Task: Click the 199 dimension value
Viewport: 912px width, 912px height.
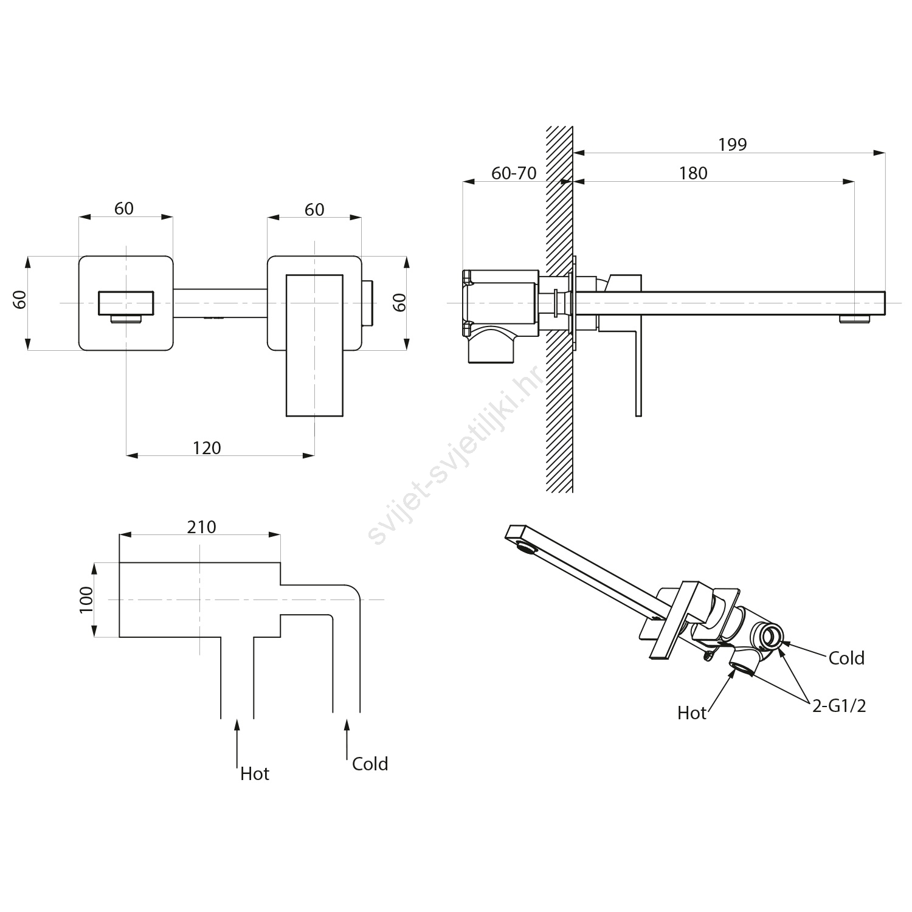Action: [x=732, y=145]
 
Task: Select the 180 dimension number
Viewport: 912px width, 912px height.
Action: [x=693, y=174]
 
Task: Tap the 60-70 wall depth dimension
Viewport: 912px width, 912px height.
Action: [x=514, y=174]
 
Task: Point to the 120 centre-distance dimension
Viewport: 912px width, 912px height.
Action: [x=207, y=448]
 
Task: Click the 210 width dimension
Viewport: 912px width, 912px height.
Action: [x=201, y=527]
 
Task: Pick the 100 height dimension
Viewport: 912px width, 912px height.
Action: [x=86, y=599]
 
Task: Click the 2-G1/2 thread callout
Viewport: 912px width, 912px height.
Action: [x=839, y=706]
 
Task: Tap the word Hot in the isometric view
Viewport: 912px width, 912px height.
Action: [x=692, y=713]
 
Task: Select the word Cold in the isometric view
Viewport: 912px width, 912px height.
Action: [x=846, y=658]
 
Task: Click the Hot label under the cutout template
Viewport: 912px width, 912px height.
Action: [x=255, y=774]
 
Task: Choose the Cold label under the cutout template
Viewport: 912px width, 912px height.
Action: [x=370, y=764]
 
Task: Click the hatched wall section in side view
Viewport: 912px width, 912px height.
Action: [x=559, y=395]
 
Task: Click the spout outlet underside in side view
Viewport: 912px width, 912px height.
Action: [x=855, y=319]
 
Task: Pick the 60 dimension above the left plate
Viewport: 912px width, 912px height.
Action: [x=124, y=209]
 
